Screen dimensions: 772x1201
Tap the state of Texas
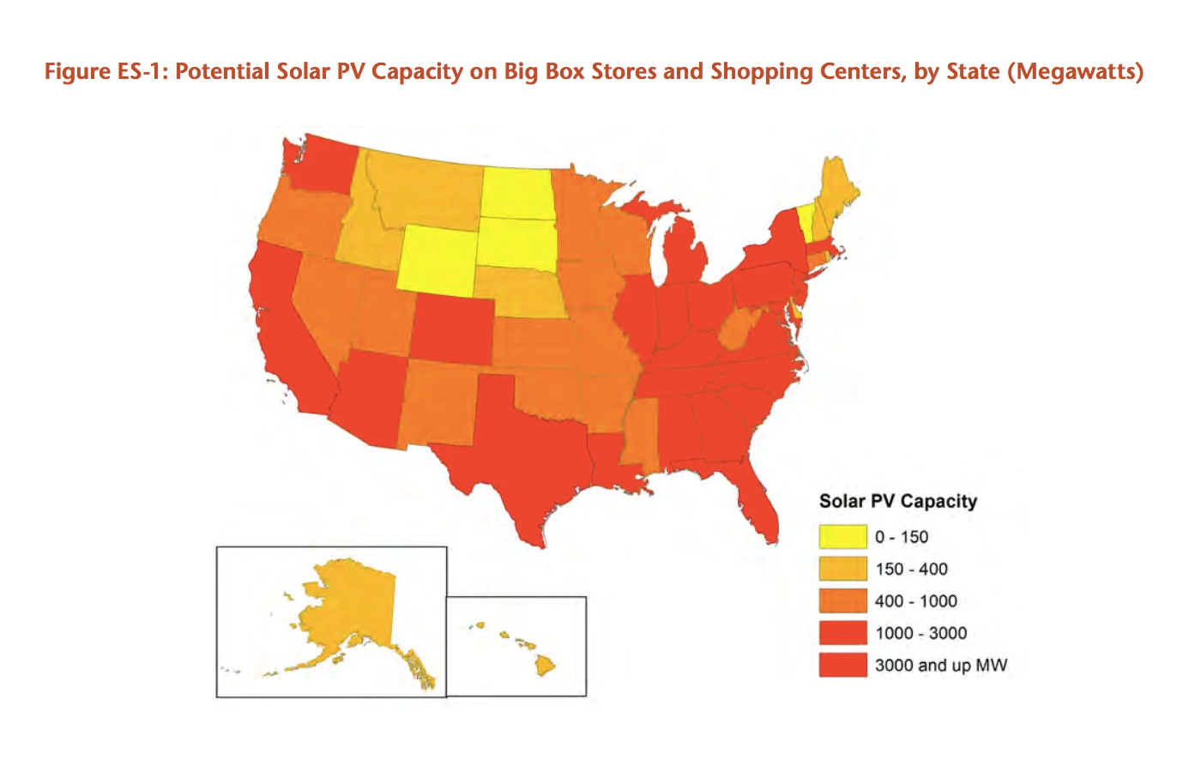[523, 446]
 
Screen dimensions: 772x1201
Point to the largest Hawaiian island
[545, 664]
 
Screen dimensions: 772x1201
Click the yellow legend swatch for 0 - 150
[842, 537]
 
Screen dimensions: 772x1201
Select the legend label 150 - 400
[911, 569]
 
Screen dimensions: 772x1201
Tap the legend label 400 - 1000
[915, 601]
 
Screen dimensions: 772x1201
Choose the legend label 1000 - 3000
[920, 633]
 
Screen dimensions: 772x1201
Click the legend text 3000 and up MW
[940, 665]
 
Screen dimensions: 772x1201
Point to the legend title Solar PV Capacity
[897, 501]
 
